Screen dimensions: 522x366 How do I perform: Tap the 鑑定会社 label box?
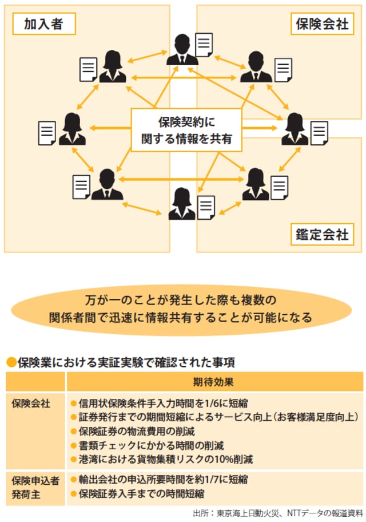point(322,234)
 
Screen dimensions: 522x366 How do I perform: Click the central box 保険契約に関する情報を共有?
point(188,130)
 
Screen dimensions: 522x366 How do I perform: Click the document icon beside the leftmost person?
point(47,133)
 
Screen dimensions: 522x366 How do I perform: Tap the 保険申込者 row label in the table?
point(35,479)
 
